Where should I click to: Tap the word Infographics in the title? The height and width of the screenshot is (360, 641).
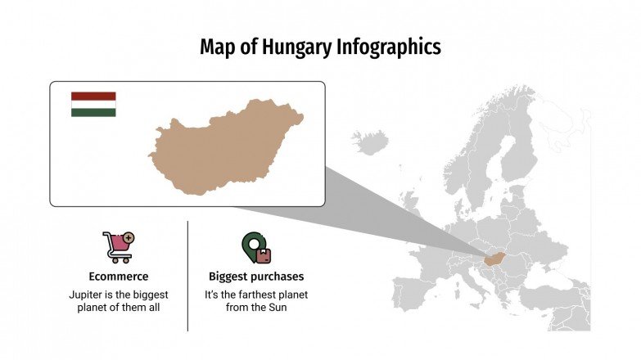(389, 47)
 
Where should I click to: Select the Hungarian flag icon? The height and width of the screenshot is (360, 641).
(93, 104)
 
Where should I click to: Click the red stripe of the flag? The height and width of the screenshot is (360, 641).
(93, 96)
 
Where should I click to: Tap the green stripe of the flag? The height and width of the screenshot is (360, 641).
(93, 112)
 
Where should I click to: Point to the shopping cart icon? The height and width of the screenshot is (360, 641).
(117, 246)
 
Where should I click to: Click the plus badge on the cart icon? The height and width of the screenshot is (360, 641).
(129, 238)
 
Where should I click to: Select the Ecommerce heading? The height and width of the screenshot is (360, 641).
(118, 277)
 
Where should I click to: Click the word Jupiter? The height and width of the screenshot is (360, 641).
(88, 294)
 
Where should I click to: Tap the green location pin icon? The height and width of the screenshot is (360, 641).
(255, 247)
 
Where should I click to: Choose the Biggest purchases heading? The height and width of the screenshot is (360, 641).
(256, 277)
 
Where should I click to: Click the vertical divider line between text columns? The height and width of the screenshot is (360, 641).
(187, 276)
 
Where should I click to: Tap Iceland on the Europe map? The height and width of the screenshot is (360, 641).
(371, 144)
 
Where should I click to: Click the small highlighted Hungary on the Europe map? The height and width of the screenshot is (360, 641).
(493, 259)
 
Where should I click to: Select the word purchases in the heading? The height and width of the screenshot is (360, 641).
(278, 277)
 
